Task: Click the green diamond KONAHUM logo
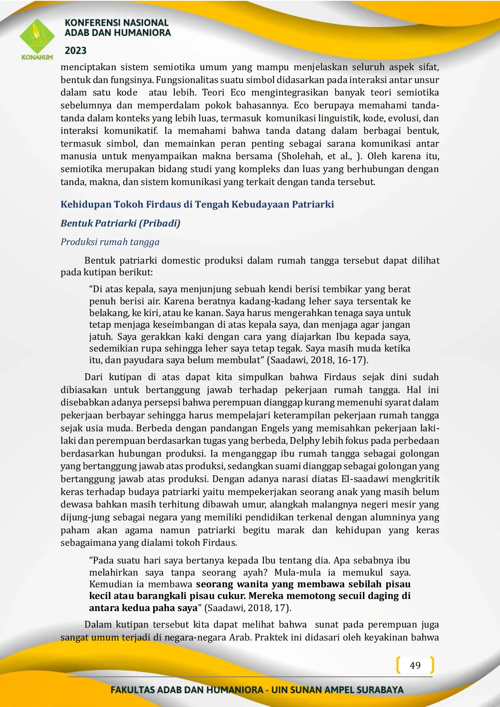tap(37, 37)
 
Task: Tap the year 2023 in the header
tap(76, 51)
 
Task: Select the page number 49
tap(415, 665)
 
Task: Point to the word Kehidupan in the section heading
tap(85, 204)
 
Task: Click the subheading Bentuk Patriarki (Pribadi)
tap(120, 223)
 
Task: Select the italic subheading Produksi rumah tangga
tap(110, 242)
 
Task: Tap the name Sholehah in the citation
tap(301, 156)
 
